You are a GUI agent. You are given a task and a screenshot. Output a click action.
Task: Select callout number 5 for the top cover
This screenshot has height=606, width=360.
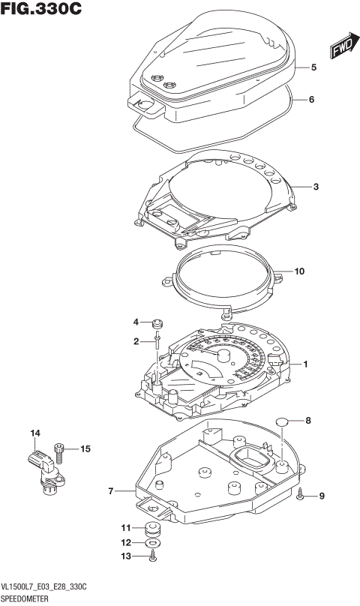pyautogui.click(x=313, y=67)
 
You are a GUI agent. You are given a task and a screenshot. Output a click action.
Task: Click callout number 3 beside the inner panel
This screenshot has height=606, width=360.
pyautogui.click(x=316, y=187)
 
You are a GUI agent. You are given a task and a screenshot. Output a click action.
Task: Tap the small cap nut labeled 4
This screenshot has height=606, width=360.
pyautogui.click(x=157, y=324)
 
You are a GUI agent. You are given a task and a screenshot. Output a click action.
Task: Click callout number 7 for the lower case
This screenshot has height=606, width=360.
pyautogui.click(x=110, y=491)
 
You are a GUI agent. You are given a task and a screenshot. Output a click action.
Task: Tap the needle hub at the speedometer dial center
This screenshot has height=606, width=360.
pyautogui.click(x=223, y=355)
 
